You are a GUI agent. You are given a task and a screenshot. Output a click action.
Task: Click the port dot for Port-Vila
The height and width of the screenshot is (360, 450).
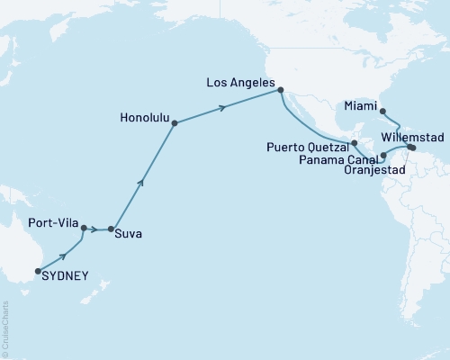[84, 228]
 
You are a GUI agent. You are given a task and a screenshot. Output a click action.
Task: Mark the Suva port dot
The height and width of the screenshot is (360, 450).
[112, 229]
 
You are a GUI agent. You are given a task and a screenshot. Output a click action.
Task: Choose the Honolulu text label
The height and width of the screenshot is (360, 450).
[143, 115]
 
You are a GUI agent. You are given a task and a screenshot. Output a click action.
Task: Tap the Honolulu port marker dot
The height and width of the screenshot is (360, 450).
[175, 123]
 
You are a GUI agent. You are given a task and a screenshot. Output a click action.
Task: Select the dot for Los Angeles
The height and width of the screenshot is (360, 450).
[281, 90]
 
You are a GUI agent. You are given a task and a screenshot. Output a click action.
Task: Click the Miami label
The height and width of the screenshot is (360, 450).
[359, 104]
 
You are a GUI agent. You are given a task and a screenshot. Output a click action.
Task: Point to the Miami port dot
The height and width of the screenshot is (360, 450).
[383, 112]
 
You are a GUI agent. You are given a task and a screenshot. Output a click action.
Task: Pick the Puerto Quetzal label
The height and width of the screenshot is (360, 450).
[312, 144]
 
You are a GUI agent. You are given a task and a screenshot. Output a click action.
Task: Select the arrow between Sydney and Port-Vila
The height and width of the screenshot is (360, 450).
[62, 255]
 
